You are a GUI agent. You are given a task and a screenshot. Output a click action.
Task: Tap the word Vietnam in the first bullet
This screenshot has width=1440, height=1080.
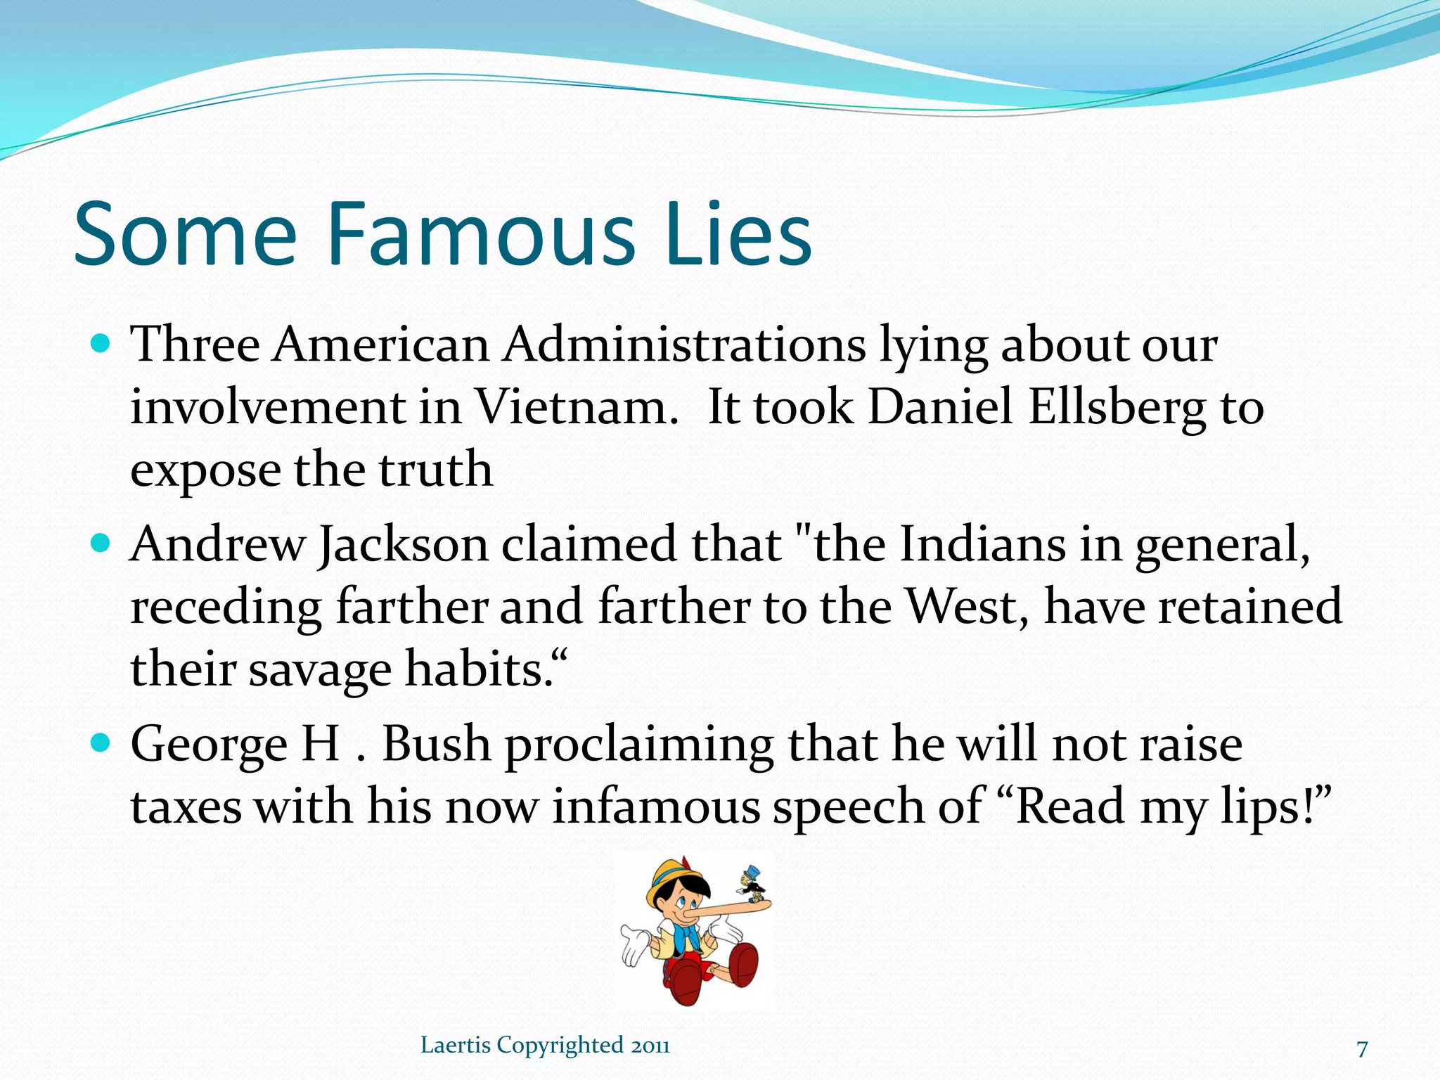click(x=576, y=407)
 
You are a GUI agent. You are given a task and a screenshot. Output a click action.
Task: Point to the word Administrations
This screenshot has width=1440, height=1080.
click(x=683, y=345)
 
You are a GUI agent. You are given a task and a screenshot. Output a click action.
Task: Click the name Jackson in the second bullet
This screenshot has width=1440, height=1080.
click(x=403, y=545)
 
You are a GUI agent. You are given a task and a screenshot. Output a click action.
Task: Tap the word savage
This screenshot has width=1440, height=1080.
click(x=320, y=669)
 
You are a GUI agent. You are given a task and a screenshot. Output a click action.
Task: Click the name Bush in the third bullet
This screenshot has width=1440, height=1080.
click(x=436, y=744)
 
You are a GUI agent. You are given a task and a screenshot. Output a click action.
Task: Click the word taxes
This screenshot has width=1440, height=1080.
click(x=186, y=806)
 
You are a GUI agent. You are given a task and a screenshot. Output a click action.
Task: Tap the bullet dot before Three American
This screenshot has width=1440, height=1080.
click(x=101, y=344)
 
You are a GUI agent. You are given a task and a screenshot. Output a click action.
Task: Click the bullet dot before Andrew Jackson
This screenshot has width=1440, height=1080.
click(x=101, y=544)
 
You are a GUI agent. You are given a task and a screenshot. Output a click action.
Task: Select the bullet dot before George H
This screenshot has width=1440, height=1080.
click(x=101, y=742)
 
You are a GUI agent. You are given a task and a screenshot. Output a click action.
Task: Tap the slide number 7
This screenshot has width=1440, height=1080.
click(x=1362, y=1049)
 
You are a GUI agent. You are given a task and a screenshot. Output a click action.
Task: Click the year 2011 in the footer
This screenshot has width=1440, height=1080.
click(x=650, y=1046)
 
